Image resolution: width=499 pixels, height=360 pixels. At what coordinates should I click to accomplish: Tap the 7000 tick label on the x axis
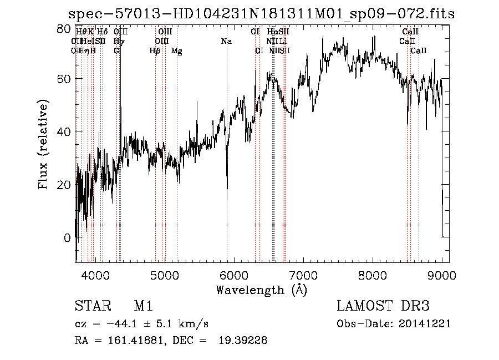coord(303,275)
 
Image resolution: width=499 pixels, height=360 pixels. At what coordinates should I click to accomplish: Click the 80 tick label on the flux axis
coord(64,28)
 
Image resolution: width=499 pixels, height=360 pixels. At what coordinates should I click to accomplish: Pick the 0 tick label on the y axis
coord(68,237)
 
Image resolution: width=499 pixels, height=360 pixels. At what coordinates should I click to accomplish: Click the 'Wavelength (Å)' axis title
coord(261,290)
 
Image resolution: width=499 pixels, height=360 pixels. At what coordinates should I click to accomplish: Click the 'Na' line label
coord(226,41)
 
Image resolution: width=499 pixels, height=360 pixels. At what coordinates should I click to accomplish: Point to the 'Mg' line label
coord(176,51)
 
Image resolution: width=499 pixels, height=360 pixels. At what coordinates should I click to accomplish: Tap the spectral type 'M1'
coord(143,306)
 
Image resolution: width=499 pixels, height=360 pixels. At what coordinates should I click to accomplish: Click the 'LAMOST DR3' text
coord(383,306)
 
